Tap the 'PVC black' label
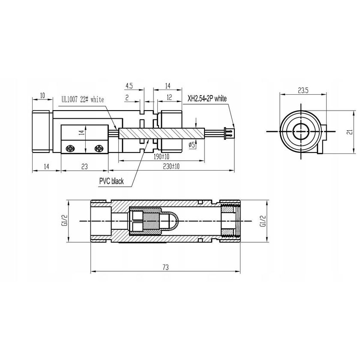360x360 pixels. pyautogui.click(x=111, y=181)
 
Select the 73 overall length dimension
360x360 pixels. pyautogui.click(x=166, y=267)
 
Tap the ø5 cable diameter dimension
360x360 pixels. pyautogui.click(x=192, y=146)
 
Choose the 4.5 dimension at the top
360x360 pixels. pyautogui.click(x=129, y=86)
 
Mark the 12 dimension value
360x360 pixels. pyautogui.click(x=169, y=98)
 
